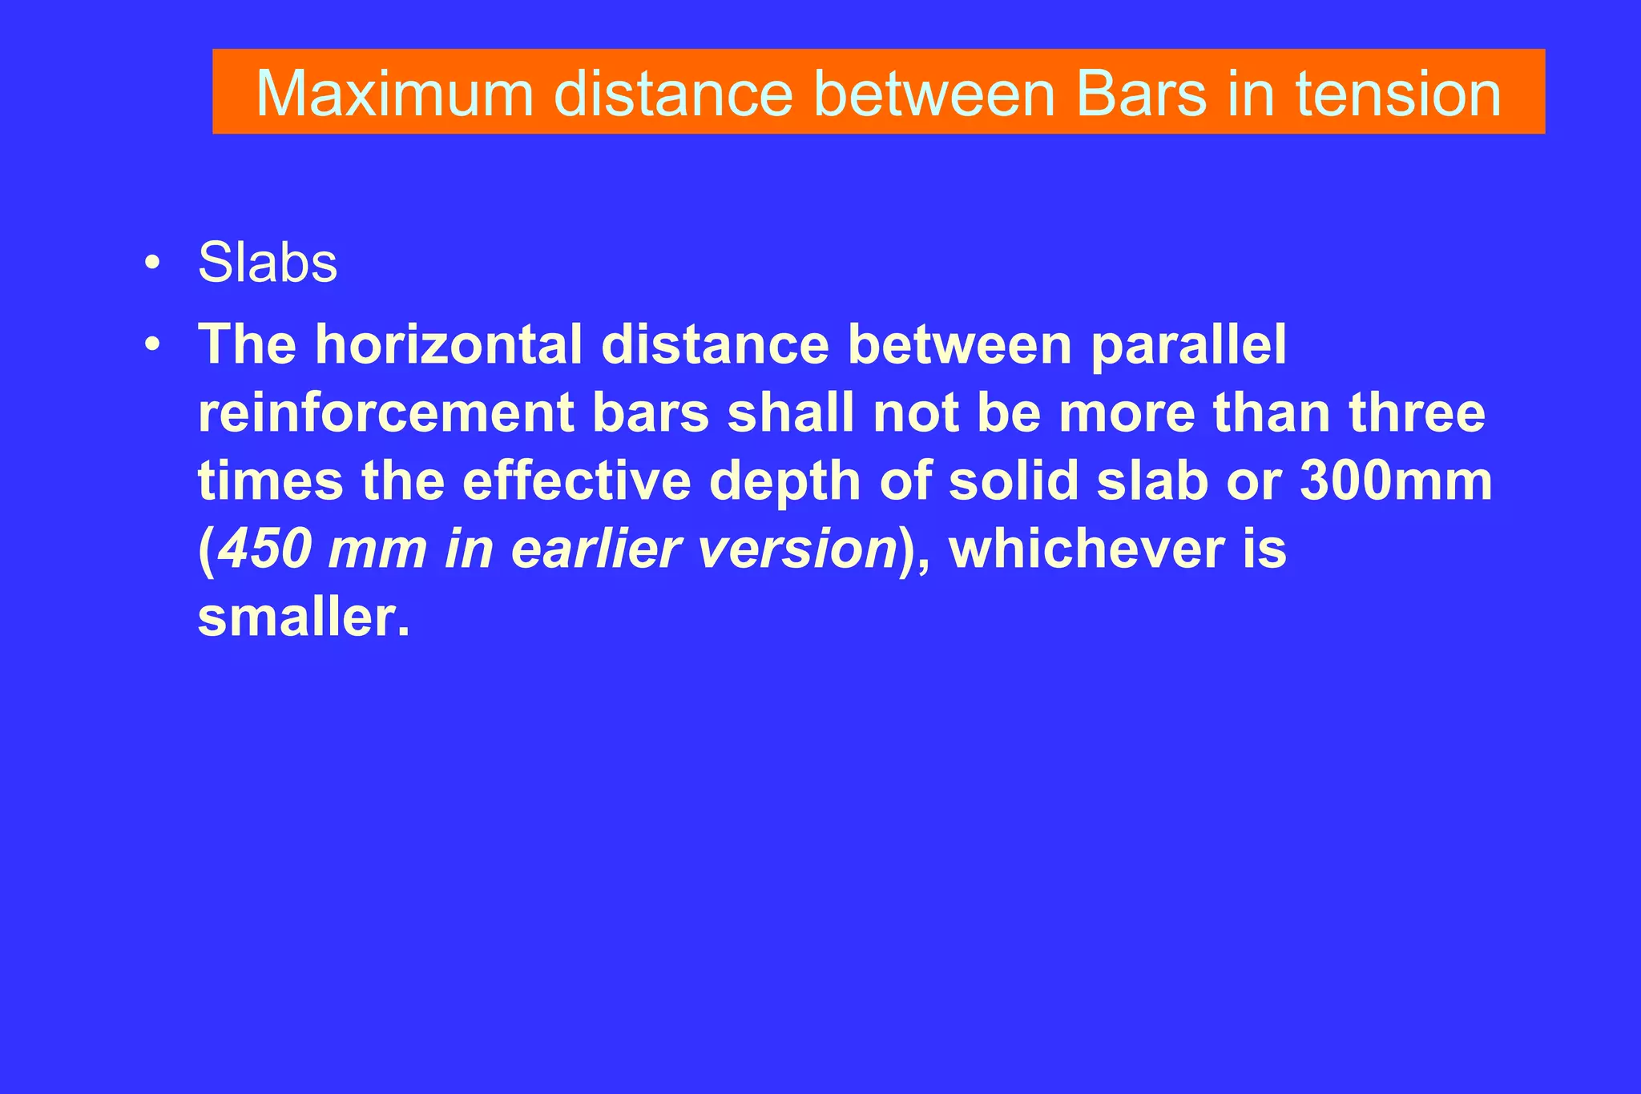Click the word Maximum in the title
(394, 95)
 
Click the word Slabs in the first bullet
(268, 263)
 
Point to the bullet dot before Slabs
(151, 263)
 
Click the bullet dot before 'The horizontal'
(151, 345)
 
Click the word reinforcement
(385, 414)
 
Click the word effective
(576, 482)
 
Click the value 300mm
(1396, 482)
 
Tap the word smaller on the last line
(303, 618)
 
